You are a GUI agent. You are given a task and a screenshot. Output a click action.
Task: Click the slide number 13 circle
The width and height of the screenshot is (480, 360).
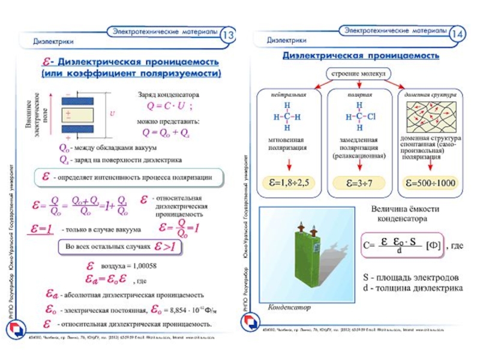coord(229,35)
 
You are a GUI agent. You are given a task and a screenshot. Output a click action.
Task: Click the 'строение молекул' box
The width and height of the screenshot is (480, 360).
coord(358,73)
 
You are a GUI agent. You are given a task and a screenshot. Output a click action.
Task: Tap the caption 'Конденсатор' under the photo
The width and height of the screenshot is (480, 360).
coord(289,307)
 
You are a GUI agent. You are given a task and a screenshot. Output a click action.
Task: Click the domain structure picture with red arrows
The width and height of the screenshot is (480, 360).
coord(429,117)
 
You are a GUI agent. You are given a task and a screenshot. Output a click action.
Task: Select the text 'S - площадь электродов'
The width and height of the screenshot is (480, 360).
coord(411,278)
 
